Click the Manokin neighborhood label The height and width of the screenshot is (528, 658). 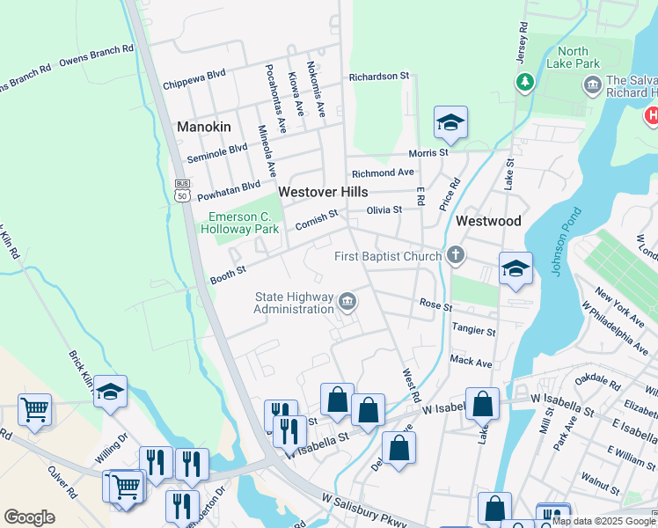204,127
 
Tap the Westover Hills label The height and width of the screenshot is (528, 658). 322,191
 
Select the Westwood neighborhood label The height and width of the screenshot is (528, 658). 488,221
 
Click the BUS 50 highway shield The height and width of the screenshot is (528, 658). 182,191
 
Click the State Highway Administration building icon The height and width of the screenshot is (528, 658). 347,303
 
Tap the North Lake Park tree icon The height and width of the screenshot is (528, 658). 525,81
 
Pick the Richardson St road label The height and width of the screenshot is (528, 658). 379,77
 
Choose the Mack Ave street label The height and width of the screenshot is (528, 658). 471,361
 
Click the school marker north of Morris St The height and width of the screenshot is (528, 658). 450,124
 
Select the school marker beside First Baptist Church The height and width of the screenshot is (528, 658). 515,270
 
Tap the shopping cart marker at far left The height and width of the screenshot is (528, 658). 34,409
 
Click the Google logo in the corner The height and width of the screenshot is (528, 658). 29,517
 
